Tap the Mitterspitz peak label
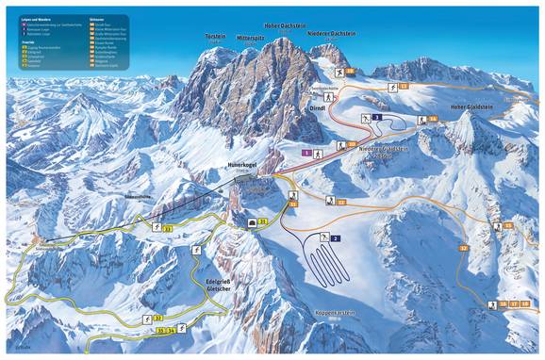click(250, 38)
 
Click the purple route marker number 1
click(306, 152)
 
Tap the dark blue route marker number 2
click(336, 238)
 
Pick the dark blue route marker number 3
click(377, 117)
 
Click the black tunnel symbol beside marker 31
click(251, 221)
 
